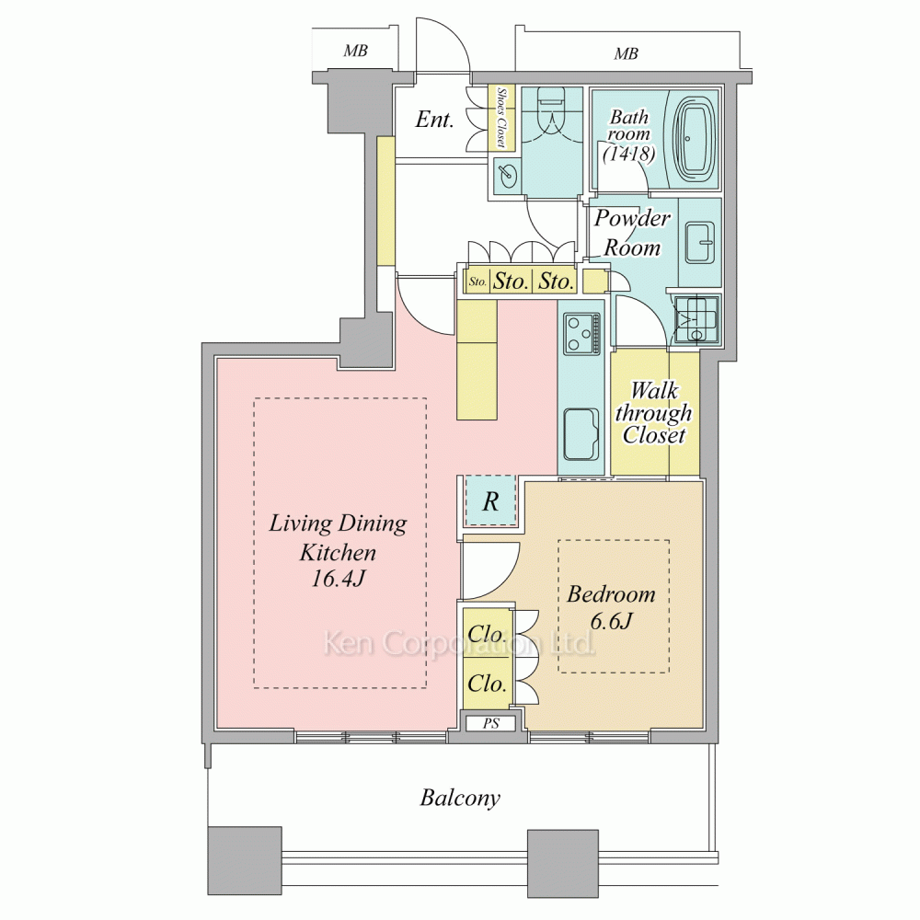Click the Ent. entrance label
pos(434,120)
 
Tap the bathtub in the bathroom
pos(696,139)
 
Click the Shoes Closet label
pos(501,118)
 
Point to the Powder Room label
pos(632,233)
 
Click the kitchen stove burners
pos(581,334)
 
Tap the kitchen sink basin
pos(581,434)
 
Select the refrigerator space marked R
pos(490,501)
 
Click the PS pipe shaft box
pos(491,723)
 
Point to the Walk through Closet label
pos(653,412)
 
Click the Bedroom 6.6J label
pos(611,607)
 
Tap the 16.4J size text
pos(338,579)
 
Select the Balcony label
pos(460,799)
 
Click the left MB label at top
pos(355,51)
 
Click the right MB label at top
pos(626,54)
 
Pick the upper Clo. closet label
pos(487,634)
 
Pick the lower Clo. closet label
pos(487,684)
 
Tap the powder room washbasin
pos(699,242)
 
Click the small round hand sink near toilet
pos(506,174)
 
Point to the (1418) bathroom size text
pos(628,155)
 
